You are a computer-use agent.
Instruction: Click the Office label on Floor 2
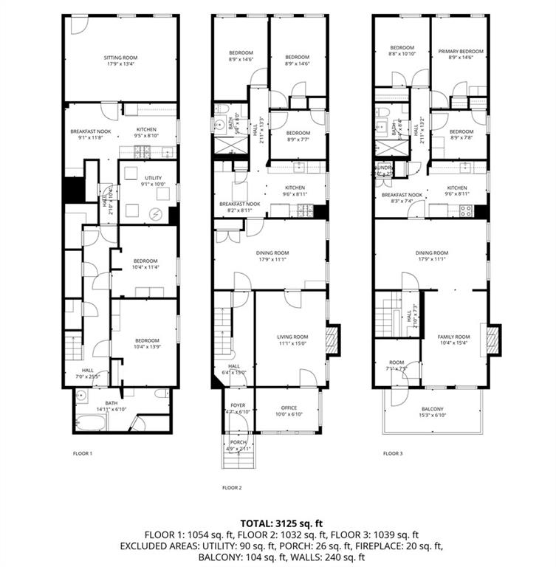click(x=288, y=410)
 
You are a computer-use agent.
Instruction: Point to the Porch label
click(x=238, y=444)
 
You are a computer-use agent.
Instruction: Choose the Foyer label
click(x=238, y=408)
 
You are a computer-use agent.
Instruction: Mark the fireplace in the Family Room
click(x=491, y=340)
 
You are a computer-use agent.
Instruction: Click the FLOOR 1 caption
click(x=82, y=453)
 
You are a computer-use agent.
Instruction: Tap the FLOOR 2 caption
click(x=232, y=487)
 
